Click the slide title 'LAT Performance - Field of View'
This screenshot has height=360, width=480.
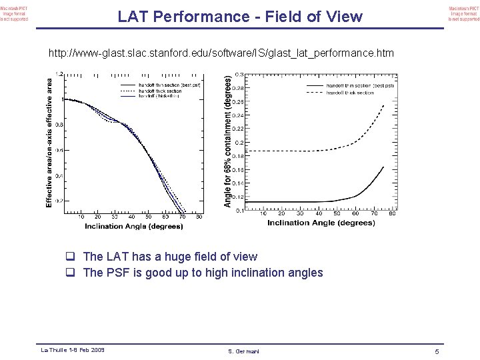(x=240, y=17)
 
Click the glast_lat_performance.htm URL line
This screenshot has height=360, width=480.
(x=221, y=53)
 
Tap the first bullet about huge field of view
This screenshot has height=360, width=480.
(x=170, y=257)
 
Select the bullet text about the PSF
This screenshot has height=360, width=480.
(x=203, y=273)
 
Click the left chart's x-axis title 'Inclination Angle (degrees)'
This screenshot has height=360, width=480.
(x=133, y=227)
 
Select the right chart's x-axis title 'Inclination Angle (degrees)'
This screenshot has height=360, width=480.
(x=321, y=223)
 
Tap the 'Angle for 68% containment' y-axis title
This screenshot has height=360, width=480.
(x=228, y=141)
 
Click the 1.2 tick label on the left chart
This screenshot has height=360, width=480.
(x=59, y=74)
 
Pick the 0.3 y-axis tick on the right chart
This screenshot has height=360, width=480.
(x=238, y=75)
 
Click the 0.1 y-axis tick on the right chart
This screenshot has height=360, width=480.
(x=238, y=211)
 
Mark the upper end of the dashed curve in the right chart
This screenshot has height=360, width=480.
(x=384, y=105)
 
